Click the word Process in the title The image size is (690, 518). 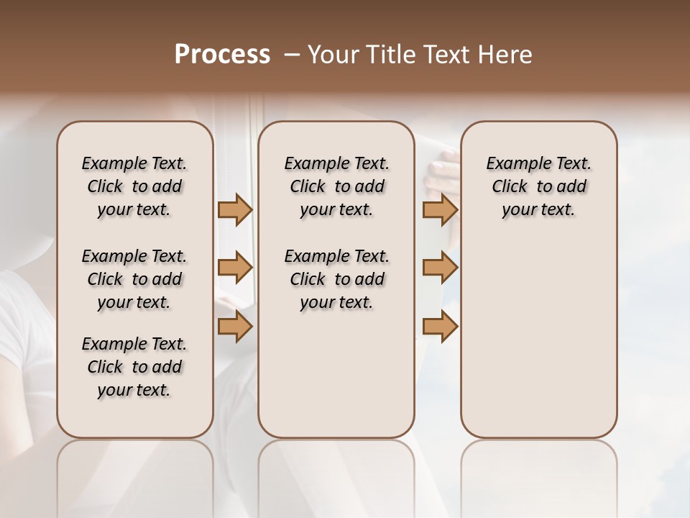point(222,55)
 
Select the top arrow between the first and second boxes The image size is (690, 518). point(235,209)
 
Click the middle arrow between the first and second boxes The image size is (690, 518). point(235,268)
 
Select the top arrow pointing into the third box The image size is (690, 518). point(440,209)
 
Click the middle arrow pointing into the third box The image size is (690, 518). point(440,268)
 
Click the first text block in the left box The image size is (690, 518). point(134,186)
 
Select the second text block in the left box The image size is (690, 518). point(134,279)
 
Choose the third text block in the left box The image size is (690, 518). point(134,367)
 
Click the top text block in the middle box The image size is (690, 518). point(336,186)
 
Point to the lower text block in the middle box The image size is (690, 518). point(336,279)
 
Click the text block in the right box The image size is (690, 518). point(538,186)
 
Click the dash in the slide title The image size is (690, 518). point(293,55)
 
